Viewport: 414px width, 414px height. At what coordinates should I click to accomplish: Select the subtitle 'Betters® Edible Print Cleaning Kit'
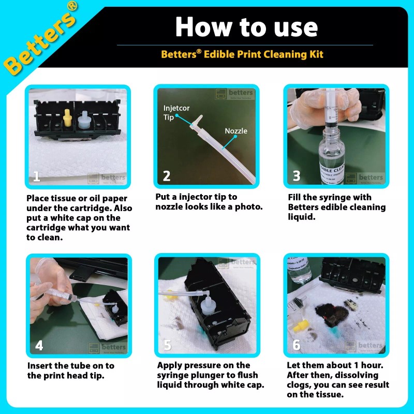242,54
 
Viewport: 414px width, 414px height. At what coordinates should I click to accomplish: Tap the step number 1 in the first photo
37,176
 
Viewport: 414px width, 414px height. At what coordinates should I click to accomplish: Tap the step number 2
167,176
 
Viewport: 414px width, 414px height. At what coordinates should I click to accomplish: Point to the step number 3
297,176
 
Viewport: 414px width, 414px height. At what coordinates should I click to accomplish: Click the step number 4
39,345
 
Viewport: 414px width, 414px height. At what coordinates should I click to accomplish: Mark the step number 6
297,345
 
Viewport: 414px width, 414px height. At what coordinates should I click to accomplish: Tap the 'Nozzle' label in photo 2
236,131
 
